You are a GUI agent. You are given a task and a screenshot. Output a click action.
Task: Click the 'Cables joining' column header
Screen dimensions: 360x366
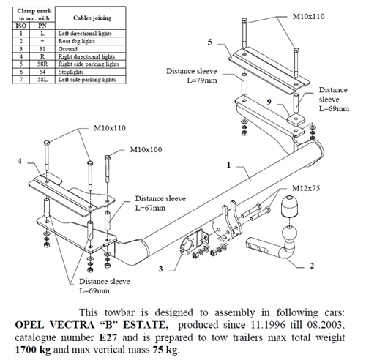(74, 17)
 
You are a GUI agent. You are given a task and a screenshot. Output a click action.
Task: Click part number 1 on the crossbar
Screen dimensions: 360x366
(229, 166)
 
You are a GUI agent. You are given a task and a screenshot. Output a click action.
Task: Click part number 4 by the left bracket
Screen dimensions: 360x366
(20, 160)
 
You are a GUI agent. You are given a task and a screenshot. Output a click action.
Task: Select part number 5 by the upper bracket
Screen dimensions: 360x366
(210, 43)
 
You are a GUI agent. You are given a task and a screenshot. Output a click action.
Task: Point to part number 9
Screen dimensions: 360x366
(269, 101)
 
